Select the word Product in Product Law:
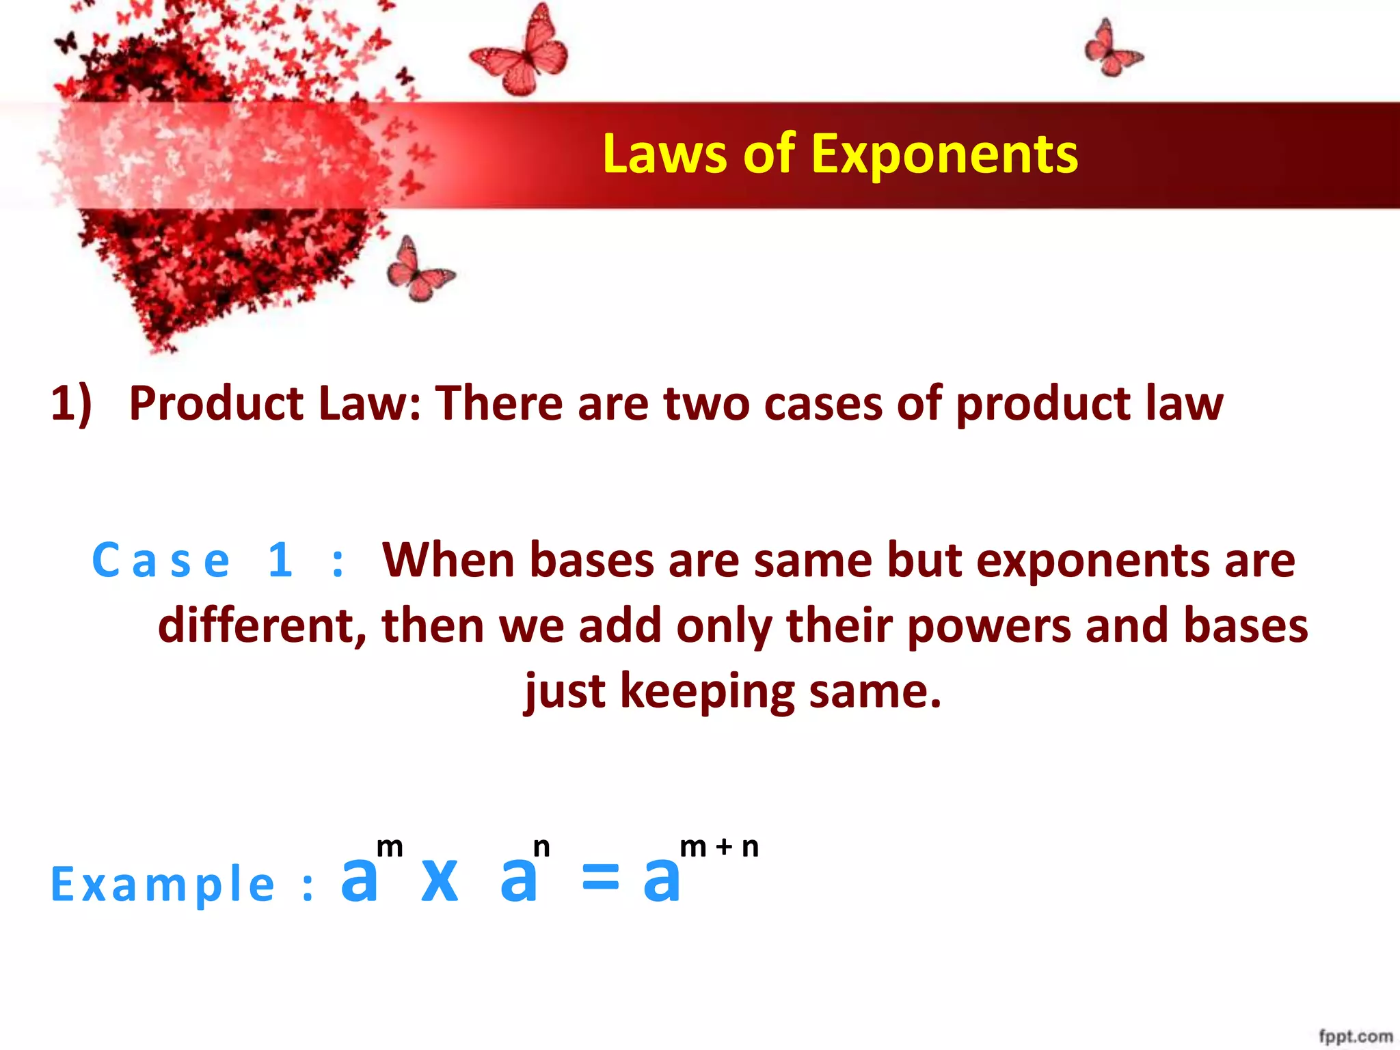(216, 403)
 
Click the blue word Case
(161, 561)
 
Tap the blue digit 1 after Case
(280, 561)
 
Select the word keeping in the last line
(708, 692)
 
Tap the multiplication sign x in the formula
(440, 880)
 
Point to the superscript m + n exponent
(719, 848)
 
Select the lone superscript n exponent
(541, 848)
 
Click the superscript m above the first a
(390, 848)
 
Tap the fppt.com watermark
(1356, 1036)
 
